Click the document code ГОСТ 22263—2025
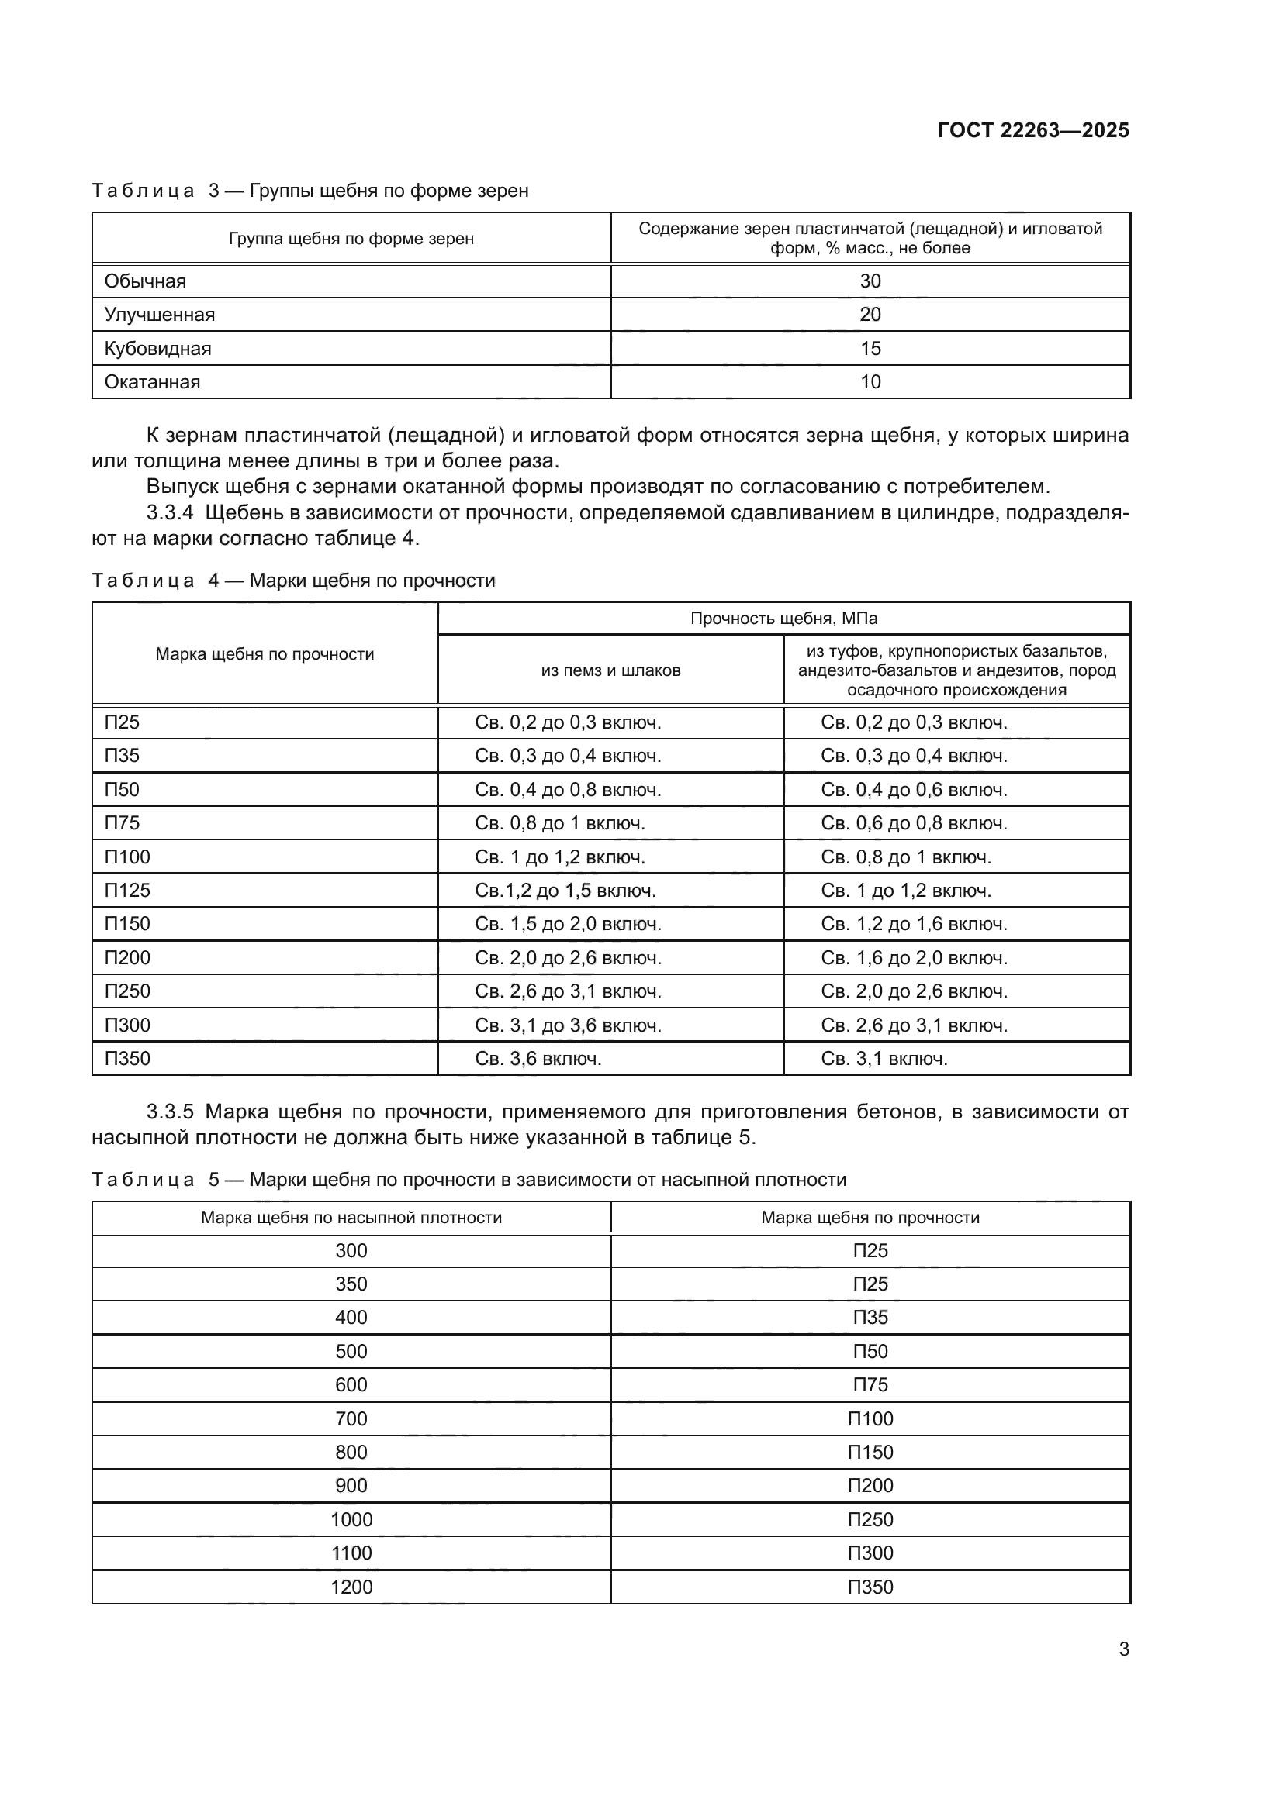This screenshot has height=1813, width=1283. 1032,130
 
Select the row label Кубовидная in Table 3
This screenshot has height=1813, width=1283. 157,348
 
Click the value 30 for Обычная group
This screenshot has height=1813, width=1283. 870,281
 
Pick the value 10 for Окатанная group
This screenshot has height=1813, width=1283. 870,382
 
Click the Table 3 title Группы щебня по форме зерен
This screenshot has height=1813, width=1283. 389,191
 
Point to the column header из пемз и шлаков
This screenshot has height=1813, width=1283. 610,670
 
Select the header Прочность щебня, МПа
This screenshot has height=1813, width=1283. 783,619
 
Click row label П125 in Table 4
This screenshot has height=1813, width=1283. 127,891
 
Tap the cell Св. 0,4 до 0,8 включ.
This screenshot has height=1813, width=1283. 567,790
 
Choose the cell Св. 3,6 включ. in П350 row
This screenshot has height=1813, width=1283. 538,1059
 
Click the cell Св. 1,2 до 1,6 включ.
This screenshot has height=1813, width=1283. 913,924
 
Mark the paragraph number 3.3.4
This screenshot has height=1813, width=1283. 170,513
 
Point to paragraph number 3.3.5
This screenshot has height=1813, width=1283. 170,1112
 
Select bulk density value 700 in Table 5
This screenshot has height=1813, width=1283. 351,1419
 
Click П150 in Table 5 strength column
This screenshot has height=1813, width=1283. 870,1452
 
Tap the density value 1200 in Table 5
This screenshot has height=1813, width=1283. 351,1587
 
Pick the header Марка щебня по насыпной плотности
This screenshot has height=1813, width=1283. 351,1218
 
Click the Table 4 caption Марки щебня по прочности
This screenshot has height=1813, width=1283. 372,581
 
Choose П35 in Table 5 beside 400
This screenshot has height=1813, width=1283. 870,1317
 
